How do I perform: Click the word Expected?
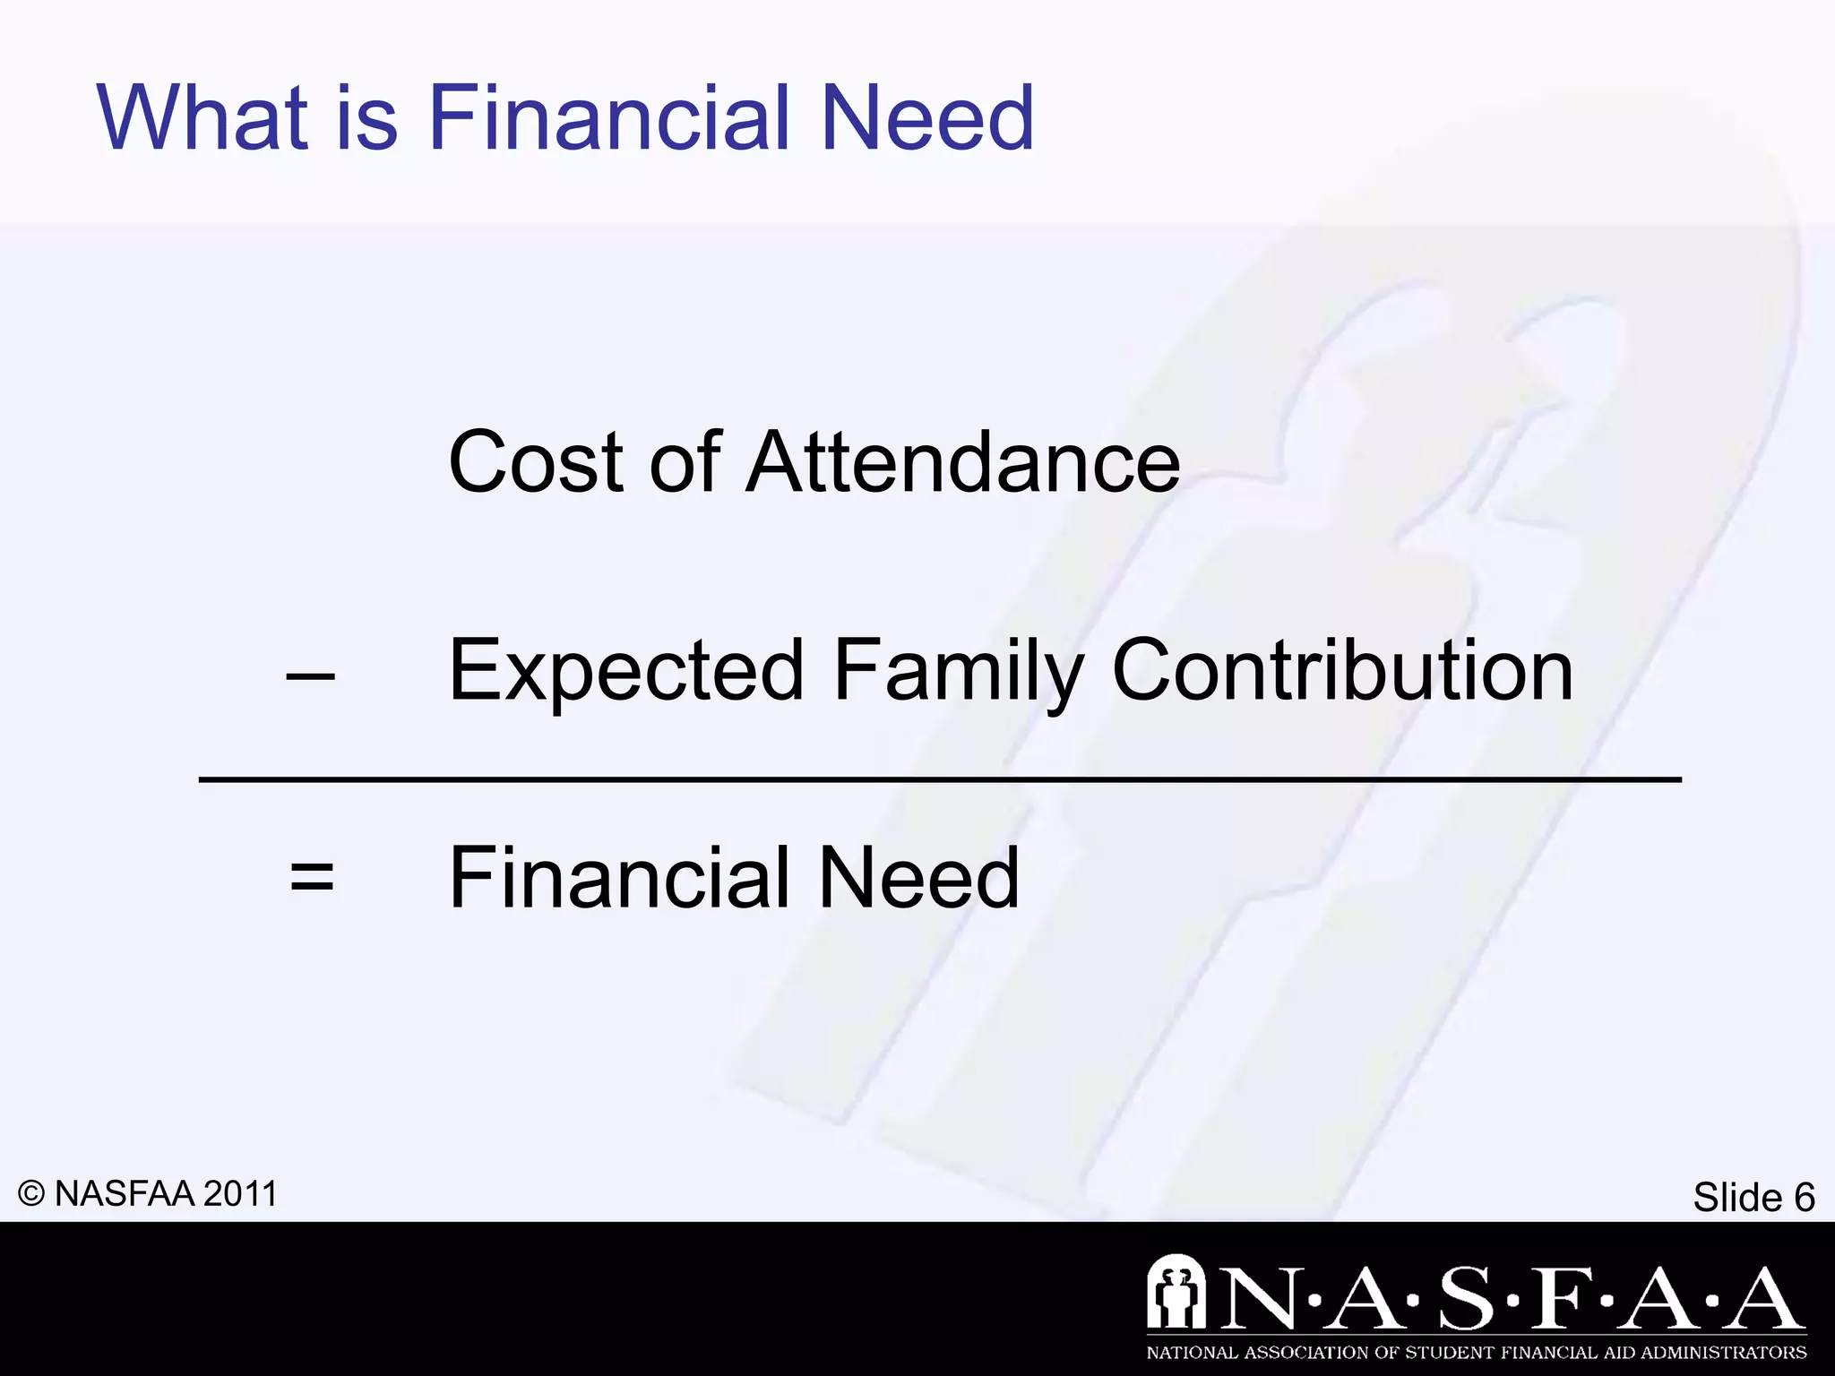[x=626, y=672]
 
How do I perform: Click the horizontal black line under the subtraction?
[x=939, y=780]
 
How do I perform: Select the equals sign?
[x=312, y=877]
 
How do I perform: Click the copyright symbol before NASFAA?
[x=31, y=1194]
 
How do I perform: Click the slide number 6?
[x=1804, y=1198]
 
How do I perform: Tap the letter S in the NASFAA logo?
[x=1467, y=1298]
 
